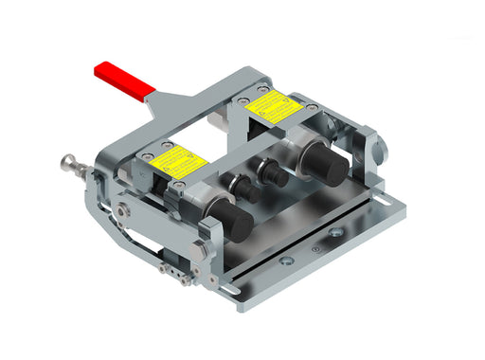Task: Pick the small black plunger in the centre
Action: coord(276,175)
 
